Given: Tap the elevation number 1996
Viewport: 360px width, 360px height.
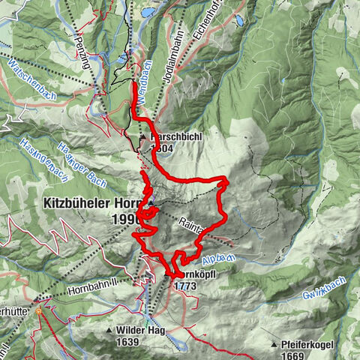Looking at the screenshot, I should (124, 219).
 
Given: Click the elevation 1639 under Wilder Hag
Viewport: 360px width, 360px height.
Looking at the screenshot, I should (127, 342).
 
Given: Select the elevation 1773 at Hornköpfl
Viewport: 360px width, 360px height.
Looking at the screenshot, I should (184, 286).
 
